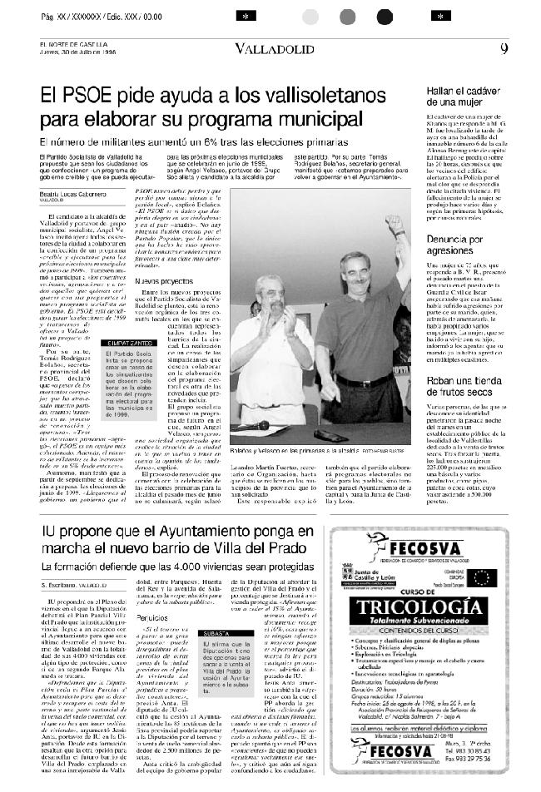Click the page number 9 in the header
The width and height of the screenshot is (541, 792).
pos(504,48)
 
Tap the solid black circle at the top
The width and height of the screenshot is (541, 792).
pos(385,17)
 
